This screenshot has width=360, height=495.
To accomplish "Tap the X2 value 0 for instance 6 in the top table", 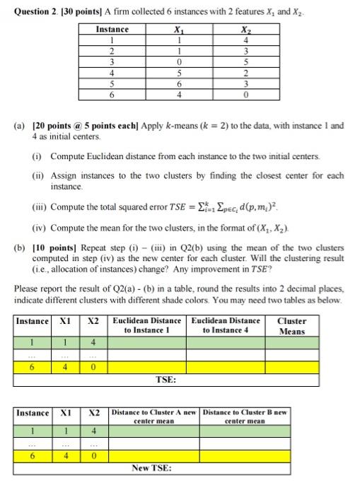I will tap(245, 93).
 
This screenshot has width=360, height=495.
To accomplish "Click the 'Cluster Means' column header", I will tap(291, 326).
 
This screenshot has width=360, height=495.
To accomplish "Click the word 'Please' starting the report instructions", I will tap(25, 289).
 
